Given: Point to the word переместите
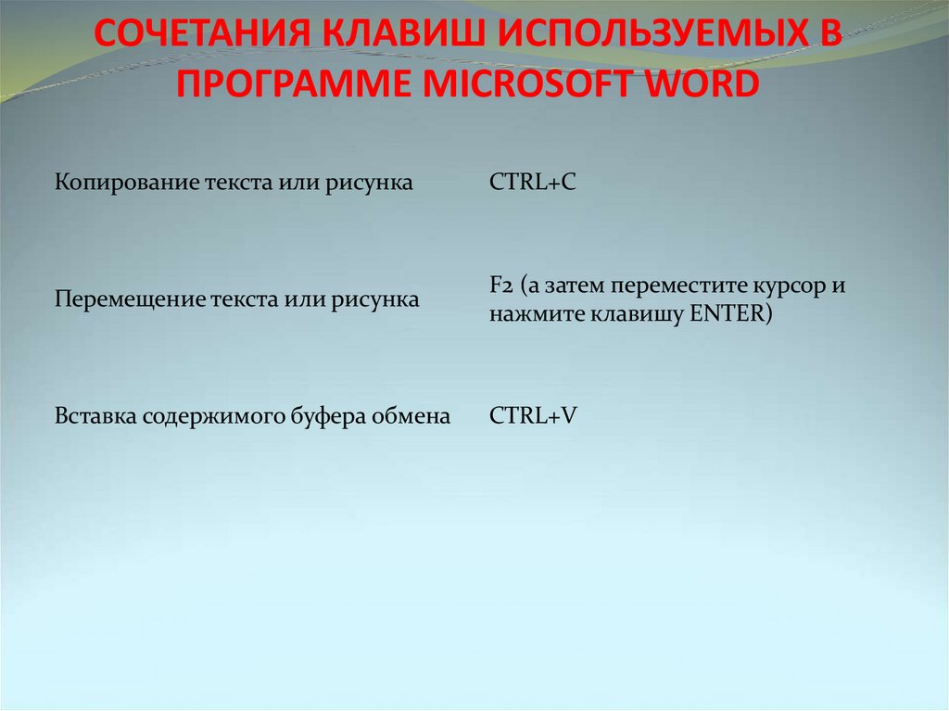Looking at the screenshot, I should (653, 286).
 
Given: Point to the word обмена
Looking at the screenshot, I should (411, 417).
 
